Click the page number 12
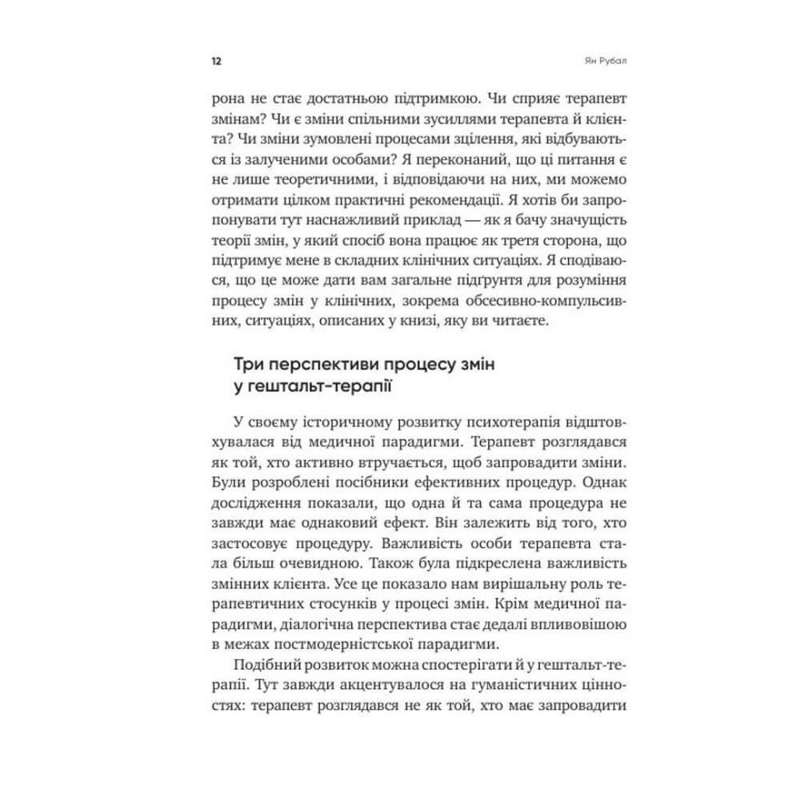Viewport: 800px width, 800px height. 215,61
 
